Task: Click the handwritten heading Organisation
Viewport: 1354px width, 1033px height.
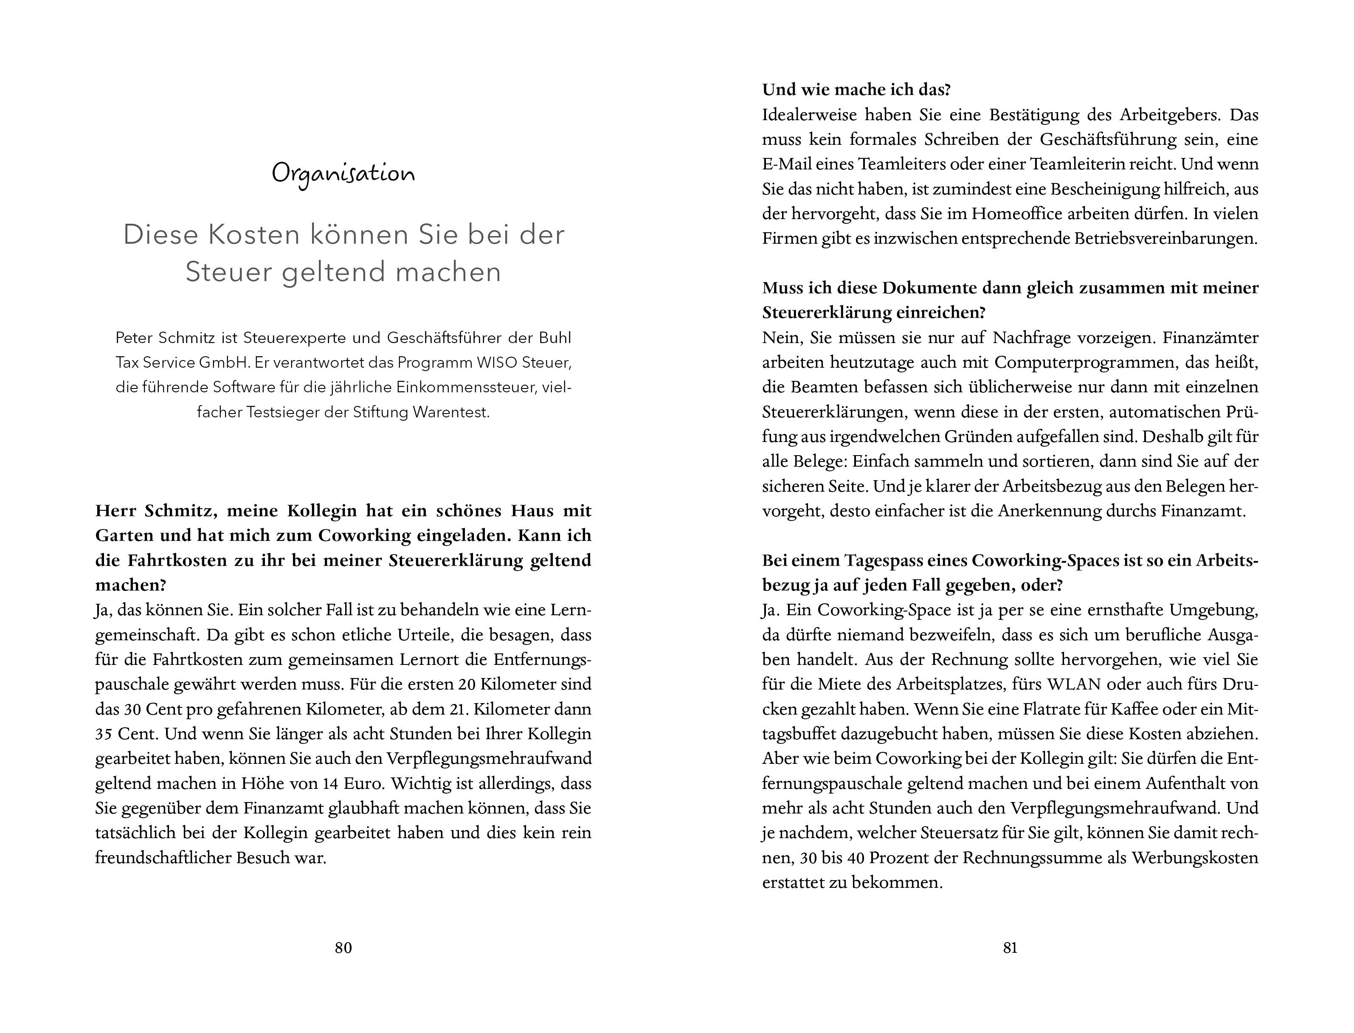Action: pos(343,173)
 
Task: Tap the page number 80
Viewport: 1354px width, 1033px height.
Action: pos(343,948)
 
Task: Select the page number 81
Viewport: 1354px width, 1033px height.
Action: pos(1010,948)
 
